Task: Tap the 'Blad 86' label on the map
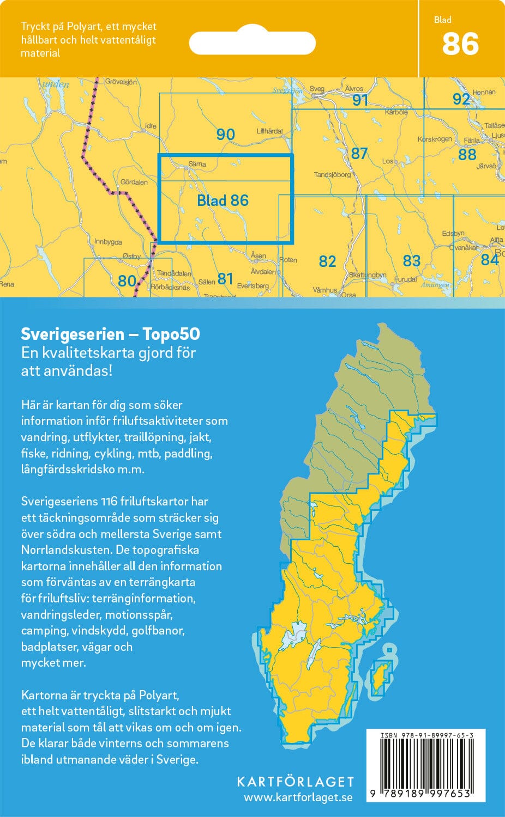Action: click(223, 200)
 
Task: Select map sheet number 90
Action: click(225, 134)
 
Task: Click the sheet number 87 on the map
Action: click(359, 154)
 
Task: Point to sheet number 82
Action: click(327, 261)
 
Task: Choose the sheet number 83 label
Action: click(411, 261)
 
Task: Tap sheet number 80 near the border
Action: click(127, 281)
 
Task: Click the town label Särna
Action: click(197, 163)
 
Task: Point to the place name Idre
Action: click(151, 126)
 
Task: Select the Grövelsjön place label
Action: click(121, 82)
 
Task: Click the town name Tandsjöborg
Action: click(332, 175)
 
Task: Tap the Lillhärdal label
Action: click(269, 131)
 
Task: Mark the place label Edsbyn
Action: click(453, 234)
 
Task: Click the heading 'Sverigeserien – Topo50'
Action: click(110, 333)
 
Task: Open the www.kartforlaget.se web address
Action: click(298, 797)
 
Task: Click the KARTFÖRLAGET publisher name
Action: click(296, 782)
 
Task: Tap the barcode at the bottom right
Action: click(425, 765)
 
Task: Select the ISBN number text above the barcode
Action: click(426, 735)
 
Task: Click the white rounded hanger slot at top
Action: click(252, 43)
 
